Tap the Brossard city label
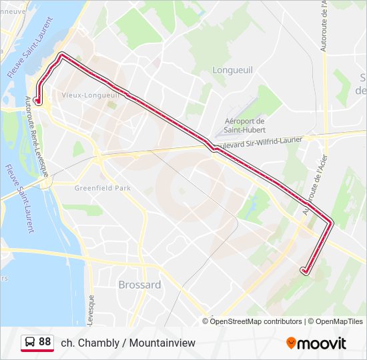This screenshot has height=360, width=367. click(x=139, y=285)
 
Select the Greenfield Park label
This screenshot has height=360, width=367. click(x=103, y=188)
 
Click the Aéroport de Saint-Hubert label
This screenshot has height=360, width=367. click(x=244, y=125)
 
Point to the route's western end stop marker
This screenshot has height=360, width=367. click(x=38, y=102)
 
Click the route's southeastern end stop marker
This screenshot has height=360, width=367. click(x=305, y=270)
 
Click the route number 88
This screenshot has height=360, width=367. click(x=45, y=342)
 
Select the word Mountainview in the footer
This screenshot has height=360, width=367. click(x=163, y=343)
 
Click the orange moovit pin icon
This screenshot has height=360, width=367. click(x=291, y=343)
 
